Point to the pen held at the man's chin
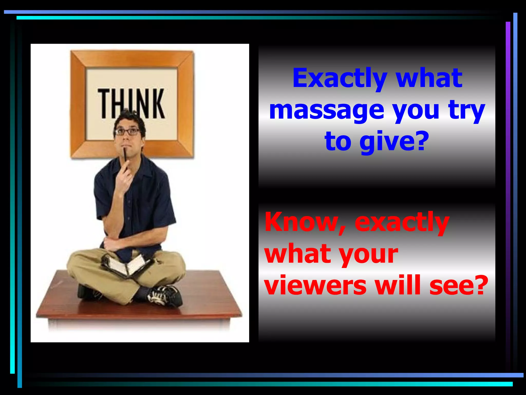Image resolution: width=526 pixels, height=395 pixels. [x=125, y=157]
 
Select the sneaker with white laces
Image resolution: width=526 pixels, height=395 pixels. [x=164, y=296]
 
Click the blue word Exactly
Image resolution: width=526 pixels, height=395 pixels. [x=340, y=78]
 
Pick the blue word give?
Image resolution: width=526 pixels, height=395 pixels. [x=394, y=142]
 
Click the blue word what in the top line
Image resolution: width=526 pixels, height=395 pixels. [x=429, y=78]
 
